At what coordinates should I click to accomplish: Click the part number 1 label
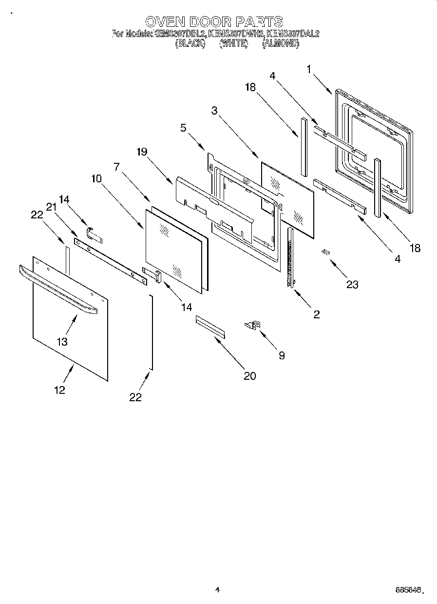pos(309,69)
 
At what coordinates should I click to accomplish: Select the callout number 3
pos(214,110)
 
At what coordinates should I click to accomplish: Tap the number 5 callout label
pos(183,128)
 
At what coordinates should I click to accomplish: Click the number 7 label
pos(117,167)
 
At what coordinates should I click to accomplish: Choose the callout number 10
pos(96,178)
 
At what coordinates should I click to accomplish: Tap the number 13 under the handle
pos(62,342)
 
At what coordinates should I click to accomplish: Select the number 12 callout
pos(59,390)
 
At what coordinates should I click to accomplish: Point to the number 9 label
pos(281,355)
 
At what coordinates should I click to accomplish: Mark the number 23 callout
pos(352,285)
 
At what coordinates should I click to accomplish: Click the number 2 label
pos(316,314)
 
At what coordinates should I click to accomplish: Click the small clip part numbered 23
pos(325,252)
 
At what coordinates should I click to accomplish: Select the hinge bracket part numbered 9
pos(253,325)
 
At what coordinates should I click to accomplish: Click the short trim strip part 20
pos(210,326)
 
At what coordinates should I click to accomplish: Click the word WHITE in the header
pos(234,43)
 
